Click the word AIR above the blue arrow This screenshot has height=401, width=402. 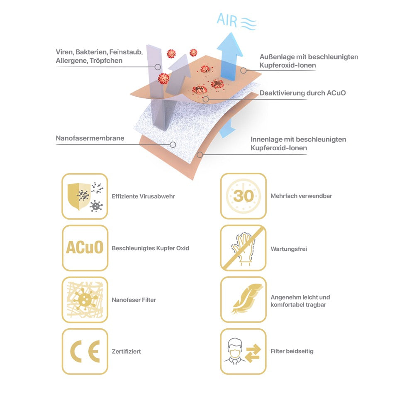[227, 20]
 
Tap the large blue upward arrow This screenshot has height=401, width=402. [229, 56]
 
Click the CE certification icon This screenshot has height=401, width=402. [85, 351]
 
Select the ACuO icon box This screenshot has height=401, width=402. [85, 248]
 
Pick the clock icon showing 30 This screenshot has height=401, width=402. [243, 196]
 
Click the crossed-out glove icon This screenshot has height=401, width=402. [243, 248]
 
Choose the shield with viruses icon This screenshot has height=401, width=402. [85, 196]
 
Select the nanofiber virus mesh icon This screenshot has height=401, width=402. [85, 300]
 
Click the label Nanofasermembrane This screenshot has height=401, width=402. [90, 138]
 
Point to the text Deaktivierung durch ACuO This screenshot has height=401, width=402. [302, 93]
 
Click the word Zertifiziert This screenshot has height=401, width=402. [126, 352]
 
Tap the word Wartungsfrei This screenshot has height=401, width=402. [289, 249]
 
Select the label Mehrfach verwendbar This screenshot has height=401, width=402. [301, 196]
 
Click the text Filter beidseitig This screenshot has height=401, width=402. [292, 351]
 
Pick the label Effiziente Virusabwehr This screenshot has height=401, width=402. [143, 196]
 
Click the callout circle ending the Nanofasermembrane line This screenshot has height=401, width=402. [173, 145]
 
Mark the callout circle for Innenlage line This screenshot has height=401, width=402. [200, 154]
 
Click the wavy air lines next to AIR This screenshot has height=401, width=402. [248, 23]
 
